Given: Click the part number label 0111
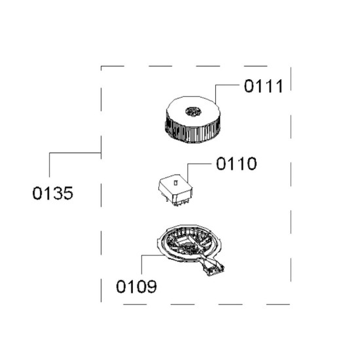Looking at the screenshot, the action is click(263, 86).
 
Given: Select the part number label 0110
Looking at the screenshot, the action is click(236, 164).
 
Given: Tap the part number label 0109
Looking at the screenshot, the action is click(136, 287).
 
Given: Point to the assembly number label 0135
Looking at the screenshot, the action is click(53, 193).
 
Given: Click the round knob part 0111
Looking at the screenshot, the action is click(193, 119).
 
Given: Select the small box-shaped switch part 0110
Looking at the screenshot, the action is click(175, 190).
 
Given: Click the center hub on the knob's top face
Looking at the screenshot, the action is click(194, 111).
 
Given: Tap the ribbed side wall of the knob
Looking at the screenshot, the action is click(193, 132).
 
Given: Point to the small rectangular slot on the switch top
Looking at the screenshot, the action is click(176, 183).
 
